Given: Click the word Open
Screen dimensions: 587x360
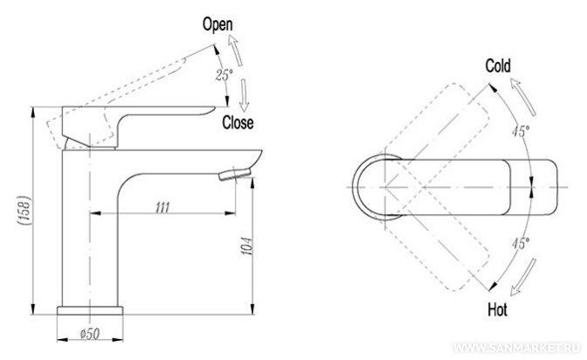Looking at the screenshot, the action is (218, 24).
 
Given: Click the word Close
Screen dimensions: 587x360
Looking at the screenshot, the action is (238, 122).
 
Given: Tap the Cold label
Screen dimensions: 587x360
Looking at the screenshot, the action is (498, 66).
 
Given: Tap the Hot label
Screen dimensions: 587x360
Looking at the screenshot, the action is (498, 310).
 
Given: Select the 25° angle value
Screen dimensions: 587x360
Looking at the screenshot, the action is (224, 75).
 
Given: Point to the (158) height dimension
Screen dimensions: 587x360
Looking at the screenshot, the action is (24, 211).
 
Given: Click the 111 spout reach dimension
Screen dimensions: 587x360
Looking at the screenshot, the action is (162, 207).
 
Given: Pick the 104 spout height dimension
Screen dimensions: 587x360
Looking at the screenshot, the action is (246, 246).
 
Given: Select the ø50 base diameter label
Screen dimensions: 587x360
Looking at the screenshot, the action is (90, 334).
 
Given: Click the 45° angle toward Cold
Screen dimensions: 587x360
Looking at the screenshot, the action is (521, 131).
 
